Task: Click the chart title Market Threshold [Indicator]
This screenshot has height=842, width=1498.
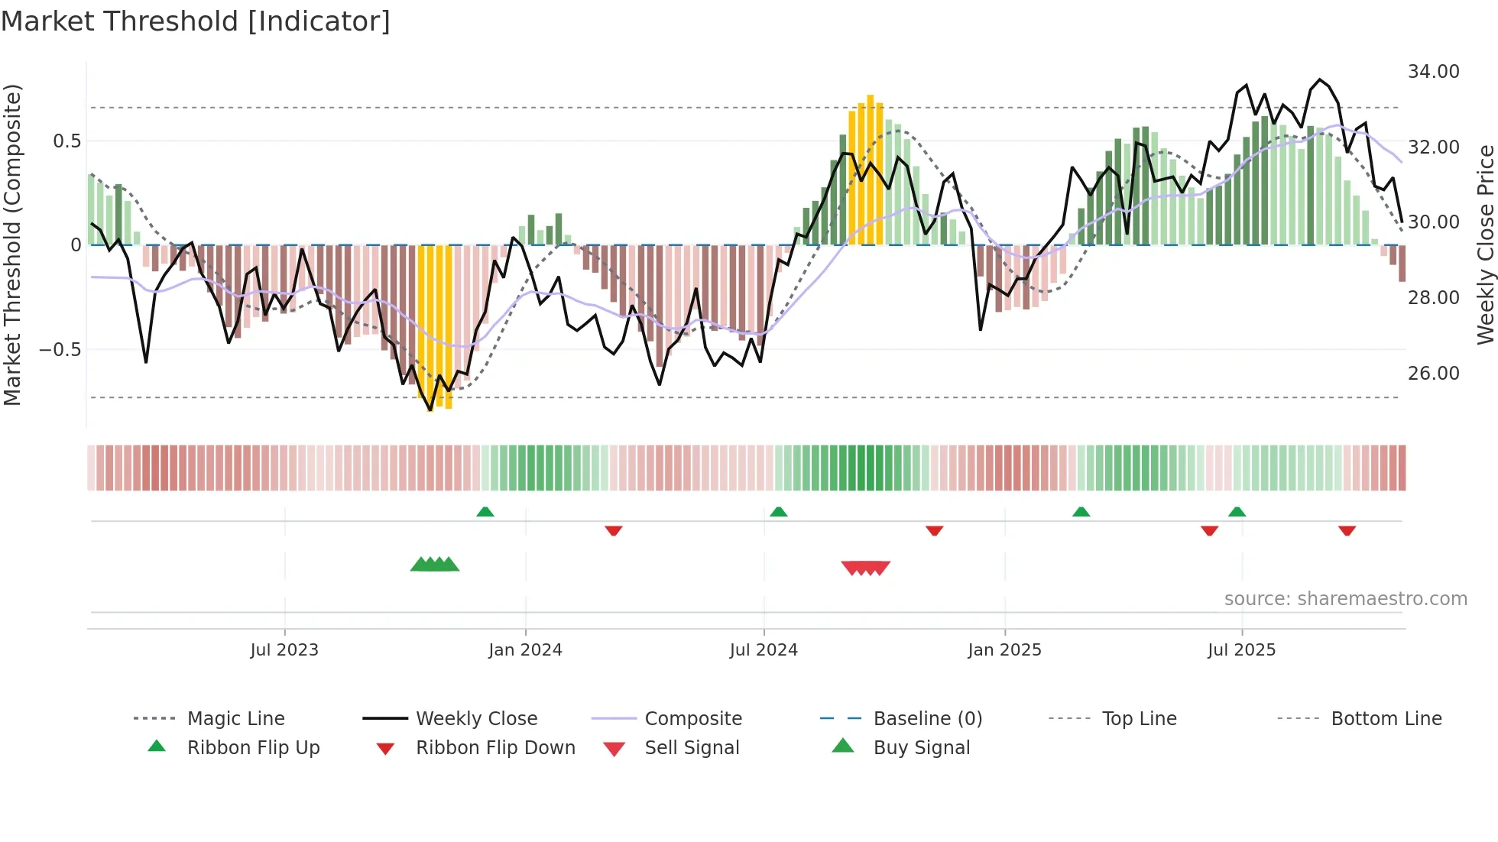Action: (x=196, y=21)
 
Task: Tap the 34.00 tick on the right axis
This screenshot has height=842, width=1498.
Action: (x=1433, y=72)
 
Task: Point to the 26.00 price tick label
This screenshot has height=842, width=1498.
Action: (x=1433, y=374)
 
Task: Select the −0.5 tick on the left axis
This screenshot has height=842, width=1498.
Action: (x=60, y=350)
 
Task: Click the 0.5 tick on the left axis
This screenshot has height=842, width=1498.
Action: (x=66, y=141)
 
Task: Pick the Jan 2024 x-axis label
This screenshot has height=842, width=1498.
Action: (x=525, y=650)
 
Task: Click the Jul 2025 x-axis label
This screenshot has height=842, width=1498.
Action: (x=1241, y=650)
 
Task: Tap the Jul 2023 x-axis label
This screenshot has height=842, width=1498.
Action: (x=284, y=650)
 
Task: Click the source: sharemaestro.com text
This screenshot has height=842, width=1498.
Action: (x=1345, y=599)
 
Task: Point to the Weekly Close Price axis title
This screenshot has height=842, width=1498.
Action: (x=1485, y=245)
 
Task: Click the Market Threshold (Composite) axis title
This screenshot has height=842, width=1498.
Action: (x=12, y=245)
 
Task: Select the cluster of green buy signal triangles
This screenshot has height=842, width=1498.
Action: (x=435, y=565)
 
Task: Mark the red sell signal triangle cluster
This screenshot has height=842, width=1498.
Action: (x=865, y=568)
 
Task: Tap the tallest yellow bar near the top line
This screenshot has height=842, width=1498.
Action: (x=870, y=168)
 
